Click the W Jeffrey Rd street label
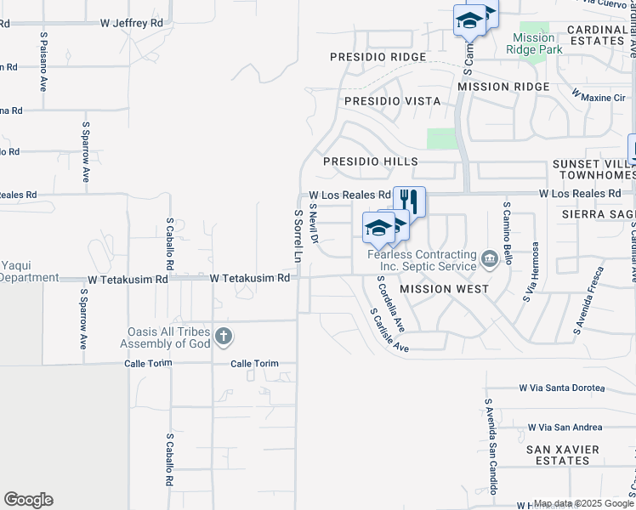[131, 24]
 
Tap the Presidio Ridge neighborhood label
[378, 57]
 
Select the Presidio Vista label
[392, 101]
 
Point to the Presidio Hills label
[370, 161]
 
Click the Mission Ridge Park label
[534, 43]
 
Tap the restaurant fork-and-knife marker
[410, 201]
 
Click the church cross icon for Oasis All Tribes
[224, 337]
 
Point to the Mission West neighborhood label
[444, 289]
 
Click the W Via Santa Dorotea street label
[562, 388]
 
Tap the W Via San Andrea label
[565, 428]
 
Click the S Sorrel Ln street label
[298, 235]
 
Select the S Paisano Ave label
[43, 62]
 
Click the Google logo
[28, 500]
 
